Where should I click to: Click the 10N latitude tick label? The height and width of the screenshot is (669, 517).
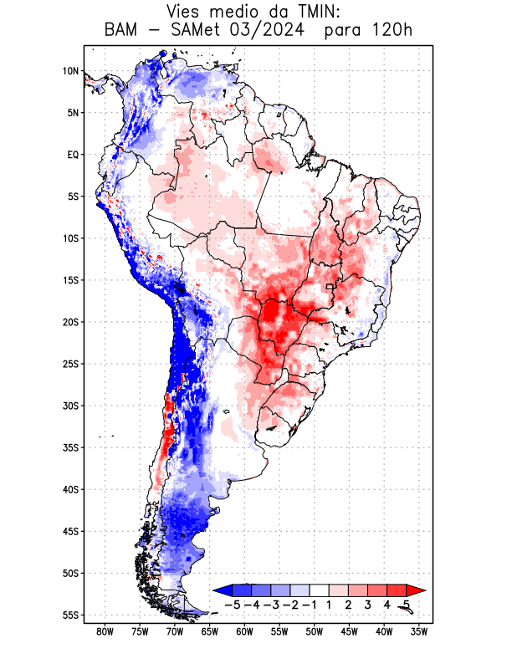70,71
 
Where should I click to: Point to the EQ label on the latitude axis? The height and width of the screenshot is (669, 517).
73,155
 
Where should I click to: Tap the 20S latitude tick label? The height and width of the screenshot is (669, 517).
70,322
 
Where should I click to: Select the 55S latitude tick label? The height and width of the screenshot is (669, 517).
70,615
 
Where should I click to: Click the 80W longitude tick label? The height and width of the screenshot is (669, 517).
105,632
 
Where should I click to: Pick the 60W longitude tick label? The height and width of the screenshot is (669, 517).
244,632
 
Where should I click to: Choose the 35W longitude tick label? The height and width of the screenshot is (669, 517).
419,632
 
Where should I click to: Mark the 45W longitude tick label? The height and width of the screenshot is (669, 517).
349,632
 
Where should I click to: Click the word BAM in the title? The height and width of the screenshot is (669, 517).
125,31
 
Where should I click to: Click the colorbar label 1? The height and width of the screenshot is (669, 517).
330,605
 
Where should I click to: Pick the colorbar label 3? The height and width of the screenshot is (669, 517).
369,605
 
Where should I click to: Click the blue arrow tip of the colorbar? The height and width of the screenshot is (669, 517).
218,590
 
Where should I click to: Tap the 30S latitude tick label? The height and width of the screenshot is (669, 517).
70,406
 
